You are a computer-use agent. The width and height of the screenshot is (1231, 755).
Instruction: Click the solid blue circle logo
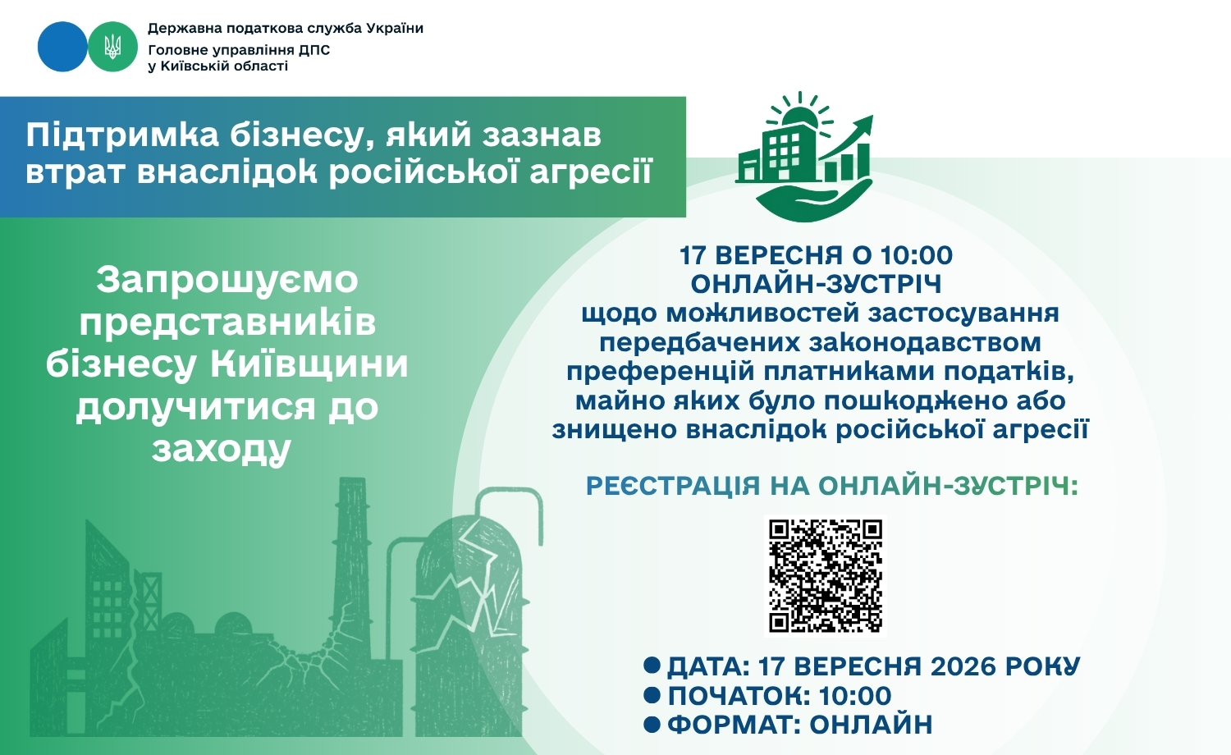pos(62,47)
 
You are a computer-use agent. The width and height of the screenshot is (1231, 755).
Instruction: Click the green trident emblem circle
pos(112,47)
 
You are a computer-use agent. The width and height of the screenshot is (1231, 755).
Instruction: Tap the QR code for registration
pos(826,576)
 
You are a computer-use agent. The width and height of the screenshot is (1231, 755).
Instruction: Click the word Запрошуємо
pos(227,280)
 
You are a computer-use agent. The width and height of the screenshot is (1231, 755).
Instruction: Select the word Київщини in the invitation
pos(309,364)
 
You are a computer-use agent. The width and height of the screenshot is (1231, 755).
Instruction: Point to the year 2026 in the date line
pos(963,666)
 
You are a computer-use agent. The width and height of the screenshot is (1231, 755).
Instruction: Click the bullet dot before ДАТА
pos(652,666)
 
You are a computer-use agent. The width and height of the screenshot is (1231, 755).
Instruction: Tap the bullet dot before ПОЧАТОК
pos(652,696)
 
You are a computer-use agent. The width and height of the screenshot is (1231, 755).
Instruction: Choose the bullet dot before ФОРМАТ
pos(652,725)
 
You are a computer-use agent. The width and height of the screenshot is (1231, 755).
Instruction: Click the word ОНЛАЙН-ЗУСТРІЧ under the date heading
pos(816,284)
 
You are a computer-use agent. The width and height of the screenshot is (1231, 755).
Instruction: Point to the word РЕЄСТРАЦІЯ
pos(673,486)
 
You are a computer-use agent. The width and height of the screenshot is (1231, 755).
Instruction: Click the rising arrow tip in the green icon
pos(870,117)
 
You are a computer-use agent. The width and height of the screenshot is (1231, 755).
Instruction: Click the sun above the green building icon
pos(801,112)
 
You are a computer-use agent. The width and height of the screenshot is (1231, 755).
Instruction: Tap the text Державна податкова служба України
pos(286,28)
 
